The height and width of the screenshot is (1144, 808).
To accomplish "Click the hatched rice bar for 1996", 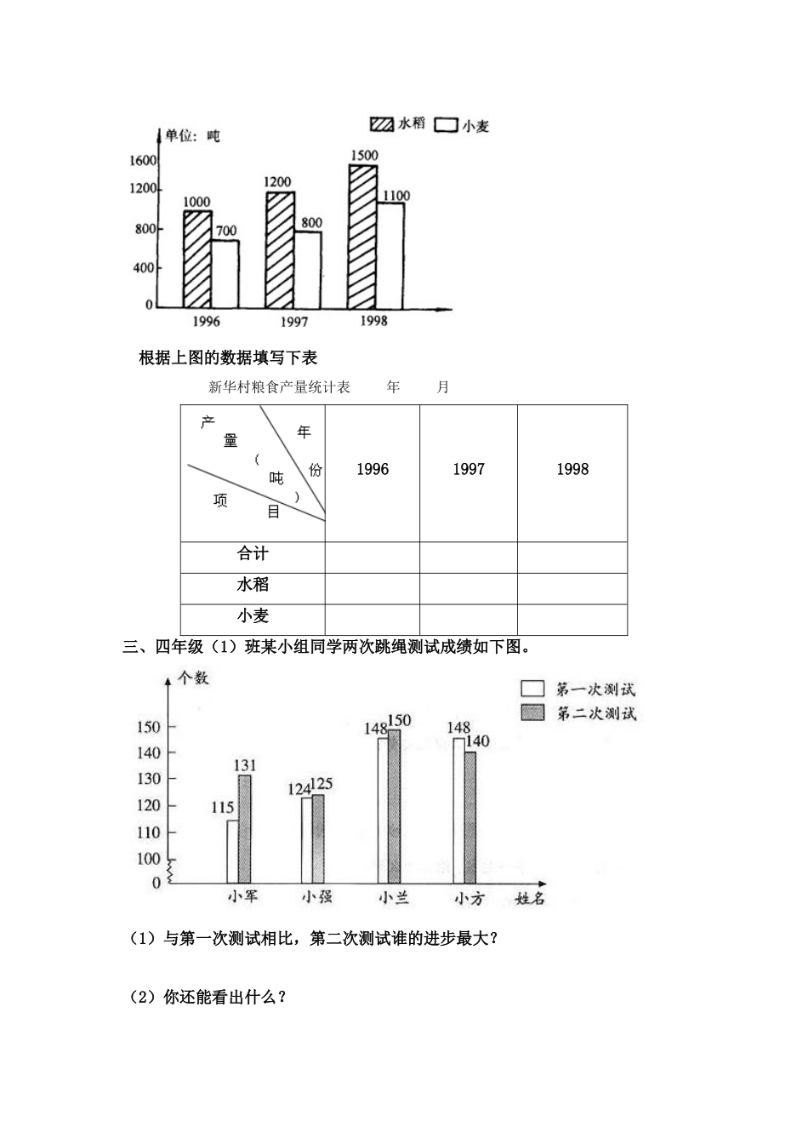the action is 197,259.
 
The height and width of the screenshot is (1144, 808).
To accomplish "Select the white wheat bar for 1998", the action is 390,255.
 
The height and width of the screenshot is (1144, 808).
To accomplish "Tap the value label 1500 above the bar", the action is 363,156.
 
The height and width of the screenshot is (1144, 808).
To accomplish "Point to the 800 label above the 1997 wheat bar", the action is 311,223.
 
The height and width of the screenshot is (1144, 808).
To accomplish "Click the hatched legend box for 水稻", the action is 382,123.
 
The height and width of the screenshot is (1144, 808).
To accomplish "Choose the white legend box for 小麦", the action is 447,124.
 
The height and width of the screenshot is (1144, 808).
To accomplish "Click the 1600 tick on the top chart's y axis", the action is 143,161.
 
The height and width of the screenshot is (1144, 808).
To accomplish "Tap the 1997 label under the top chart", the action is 293,322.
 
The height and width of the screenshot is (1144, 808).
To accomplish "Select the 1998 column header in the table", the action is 572,469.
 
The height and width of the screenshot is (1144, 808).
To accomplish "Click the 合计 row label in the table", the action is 253,554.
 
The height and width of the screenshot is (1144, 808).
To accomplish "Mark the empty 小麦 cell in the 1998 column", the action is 572,618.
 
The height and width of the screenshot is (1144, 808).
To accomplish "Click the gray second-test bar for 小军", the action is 244,829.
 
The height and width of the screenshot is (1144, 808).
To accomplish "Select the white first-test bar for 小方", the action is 458,810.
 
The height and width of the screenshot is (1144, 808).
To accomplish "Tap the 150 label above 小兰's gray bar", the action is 399,720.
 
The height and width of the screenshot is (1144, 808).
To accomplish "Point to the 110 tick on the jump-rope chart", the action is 148,832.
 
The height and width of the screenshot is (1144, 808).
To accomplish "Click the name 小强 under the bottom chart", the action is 316,896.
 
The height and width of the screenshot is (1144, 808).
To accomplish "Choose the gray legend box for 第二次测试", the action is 533,712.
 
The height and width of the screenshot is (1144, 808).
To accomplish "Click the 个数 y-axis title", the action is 193,678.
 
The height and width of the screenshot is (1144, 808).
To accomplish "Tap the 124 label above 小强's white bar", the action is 299,789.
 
